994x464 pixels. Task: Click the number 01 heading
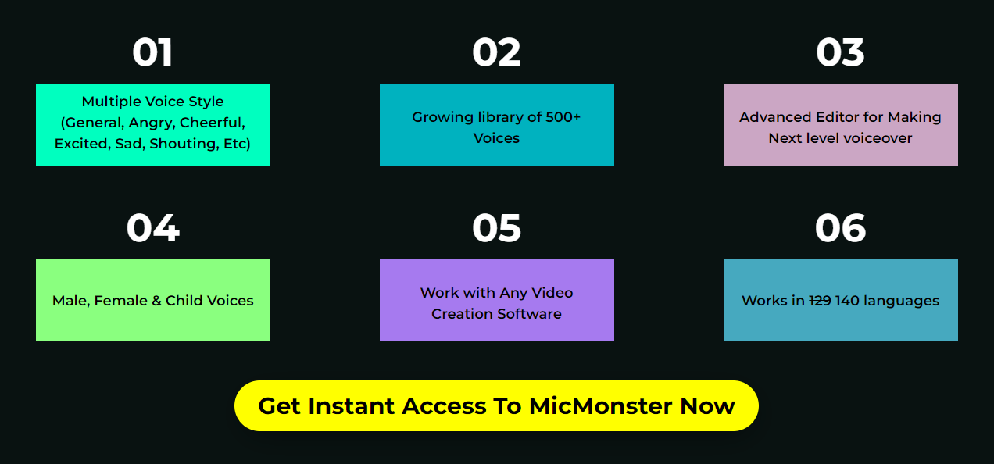click(152, 53)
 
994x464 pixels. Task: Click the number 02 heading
click(496, 53)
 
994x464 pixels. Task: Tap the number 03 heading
click(840, 53)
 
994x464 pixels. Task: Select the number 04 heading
click(152, 229)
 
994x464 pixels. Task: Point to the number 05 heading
click(496, 229)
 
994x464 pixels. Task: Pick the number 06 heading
click(840, 229)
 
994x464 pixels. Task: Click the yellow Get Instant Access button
click(496, 405)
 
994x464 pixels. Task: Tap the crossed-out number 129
click(820, 301)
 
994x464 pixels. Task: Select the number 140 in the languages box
click(848, 301)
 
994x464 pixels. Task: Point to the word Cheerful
click(213, 123)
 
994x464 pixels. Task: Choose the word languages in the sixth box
click(901, 301)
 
